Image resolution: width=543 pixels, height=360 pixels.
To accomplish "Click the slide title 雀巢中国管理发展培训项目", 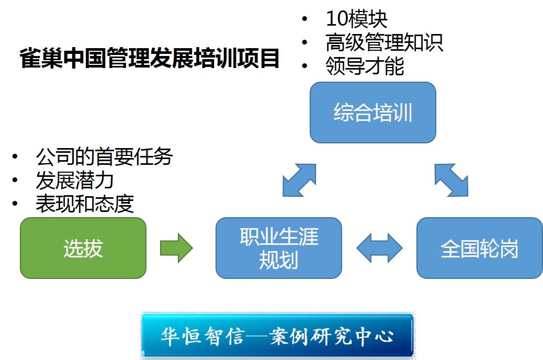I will tap(150, 59).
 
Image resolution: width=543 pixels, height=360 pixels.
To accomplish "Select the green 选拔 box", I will tap(83, 248).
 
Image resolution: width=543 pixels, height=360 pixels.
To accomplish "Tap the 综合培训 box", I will tap(372, 113).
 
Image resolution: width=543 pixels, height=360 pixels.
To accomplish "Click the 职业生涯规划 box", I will tap(278, 248).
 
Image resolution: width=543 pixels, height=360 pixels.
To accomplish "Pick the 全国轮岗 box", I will tap(479, 248).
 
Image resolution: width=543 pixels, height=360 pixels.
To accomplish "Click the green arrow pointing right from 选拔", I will tap(176, 248).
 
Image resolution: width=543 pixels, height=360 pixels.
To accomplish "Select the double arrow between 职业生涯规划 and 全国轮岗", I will tap(379, 248).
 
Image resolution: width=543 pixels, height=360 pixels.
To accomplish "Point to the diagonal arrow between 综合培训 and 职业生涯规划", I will tap(299, 180).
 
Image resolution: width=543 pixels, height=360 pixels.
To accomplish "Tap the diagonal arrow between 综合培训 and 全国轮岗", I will tap(451, 180).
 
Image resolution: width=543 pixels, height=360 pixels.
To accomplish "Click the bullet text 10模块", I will tap(356, 19).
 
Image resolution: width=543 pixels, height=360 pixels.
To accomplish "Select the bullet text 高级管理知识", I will tap(384, 43).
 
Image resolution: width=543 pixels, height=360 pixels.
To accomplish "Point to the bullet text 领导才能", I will tap(364, 66).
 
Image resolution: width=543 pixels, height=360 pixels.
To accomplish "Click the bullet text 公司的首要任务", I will tap(104, 156).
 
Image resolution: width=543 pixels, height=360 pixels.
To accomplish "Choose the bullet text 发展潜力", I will tap(75, 180).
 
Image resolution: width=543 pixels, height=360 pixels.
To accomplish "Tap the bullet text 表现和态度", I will tap(85, 204).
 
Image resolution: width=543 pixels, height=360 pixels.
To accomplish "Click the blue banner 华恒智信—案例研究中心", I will tap(277, 336).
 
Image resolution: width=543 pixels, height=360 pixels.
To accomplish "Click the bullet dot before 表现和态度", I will tap(15, 204).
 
